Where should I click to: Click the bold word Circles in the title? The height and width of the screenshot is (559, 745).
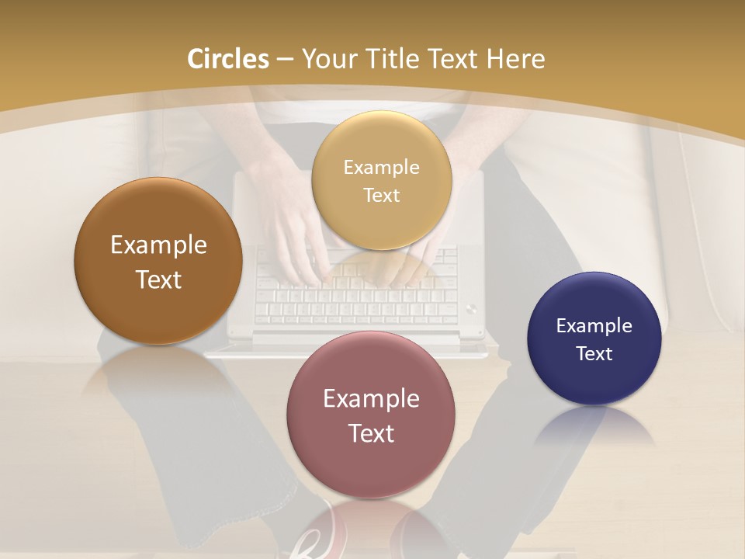click(x=228, y=59)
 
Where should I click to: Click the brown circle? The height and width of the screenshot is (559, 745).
click(x=158, y=262)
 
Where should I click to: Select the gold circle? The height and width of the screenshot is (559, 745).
click(x=381, y=180)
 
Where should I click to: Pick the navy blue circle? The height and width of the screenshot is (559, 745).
click(x=594, y=339)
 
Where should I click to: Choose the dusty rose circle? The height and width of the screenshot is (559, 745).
click(x=371, y=415)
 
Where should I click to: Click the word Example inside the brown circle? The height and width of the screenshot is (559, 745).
click(x=158, y=245)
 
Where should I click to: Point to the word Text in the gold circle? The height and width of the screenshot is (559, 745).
click(x=381, y=195)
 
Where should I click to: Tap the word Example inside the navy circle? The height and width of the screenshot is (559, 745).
click(x=594, y=325)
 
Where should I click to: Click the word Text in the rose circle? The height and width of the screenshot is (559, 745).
click(x=371, y=433)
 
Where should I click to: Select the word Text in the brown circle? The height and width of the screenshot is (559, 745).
click(x=158, y=279)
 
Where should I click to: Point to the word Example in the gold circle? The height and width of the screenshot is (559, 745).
click(x=381, y=167)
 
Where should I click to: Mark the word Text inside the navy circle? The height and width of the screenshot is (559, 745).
click(x=594, y=353)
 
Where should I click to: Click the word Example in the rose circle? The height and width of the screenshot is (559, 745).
click(x=371, y=398)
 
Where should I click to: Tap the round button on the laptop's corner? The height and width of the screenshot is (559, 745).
click(x=471, y=309)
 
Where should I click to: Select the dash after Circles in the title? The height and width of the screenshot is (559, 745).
click(x=285, y=60)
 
